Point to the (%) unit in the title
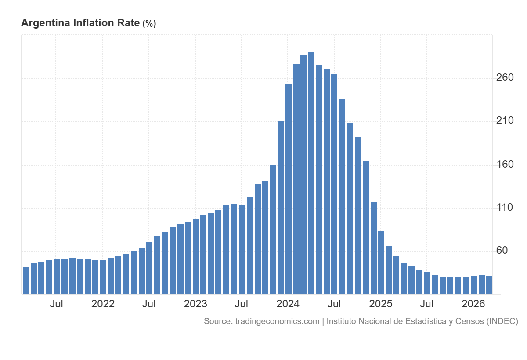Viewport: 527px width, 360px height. click(149, 24)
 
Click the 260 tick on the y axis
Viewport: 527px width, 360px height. click(505, 78)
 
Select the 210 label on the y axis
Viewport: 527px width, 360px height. click(505, 121)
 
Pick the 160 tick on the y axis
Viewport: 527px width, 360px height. click(505, 164)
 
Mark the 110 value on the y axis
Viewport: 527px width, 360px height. click(505, 207)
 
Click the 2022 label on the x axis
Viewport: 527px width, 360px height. click(103, 304)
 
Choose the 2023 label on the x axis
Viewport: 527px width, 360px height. click(195, 304)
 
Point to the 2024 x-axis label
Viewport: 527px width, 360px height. click(288, 304)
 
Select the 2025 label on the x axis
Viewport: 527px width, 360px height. click(381, 304)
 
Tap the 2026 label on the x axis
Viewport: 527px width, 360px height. click(473, 304)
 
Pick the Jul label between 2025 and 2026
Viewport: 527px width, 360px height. click(426, 304)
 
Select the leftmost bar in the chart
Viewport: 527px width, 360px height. click(26, 281)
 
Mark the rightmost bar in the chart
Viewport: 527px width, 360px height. click(489, 285)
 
